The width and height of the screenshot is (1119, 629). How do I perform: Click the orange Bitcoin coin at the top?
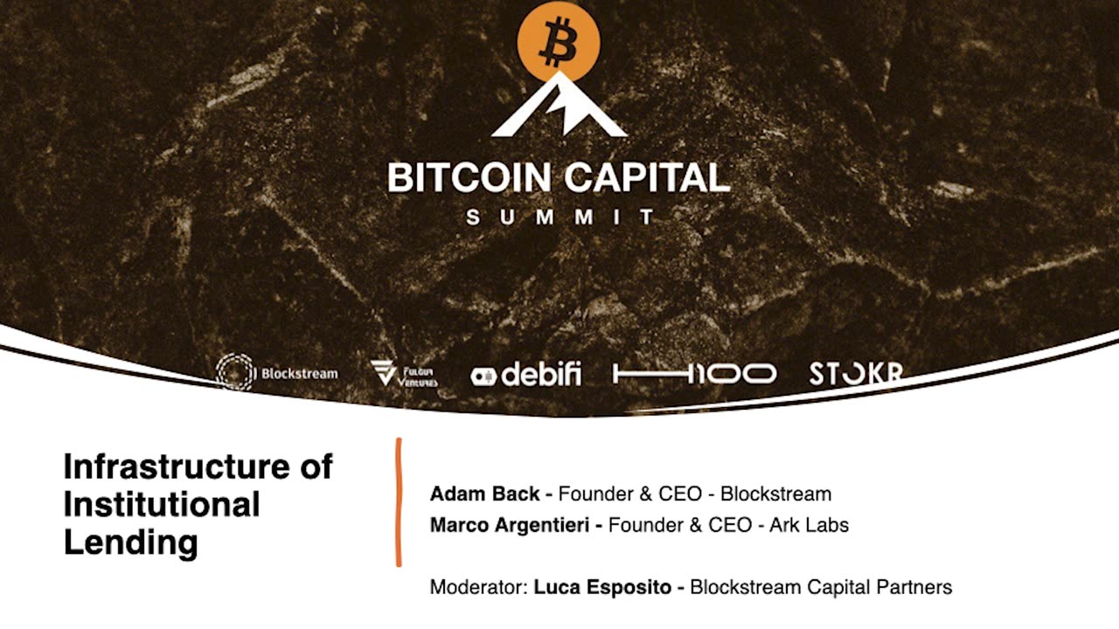[559, 42]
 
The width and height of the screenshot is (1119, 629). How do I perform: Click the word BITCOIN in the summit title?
[469, 177]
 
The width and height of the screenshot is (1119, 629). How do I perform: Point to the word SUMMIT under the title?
[559, 217]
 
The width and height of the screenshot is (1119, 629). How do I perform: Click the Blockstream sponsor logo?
[277, 373]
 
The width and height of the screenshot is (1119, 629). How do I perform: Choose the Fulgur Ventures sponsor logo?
[404, 374]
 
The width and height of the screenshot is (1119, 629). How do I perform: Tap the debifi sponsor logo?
[525, 375]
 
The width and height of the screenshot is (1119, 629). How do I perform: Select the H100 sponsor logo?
[694, 375]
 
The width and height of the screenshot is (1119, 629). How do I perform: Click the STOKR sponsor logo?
[855, 374]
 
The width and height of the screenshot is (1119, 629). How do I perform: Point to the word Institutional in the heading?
[162, 505]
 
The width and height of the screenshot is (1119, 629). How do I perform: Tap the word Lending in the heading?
[131, 543]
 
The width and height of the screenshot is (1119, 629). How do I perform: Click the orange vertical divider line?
[399, 502]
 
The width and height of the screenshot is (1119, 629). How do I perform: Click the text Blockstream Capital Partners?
[820, 587]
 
